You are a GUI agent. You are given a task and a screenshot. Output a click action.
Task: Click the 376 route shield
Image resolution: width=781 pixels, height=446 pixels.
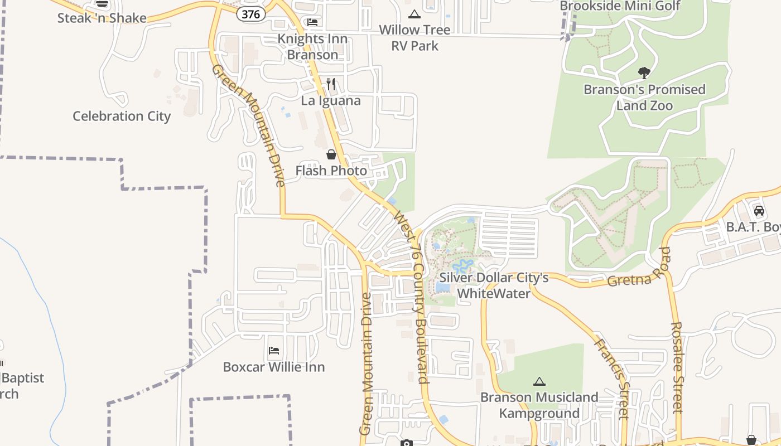click(250, 14)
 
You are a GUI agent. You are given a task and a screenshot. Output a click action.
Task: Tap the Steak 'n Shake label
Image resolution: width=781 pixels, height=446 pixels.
click(102, 18)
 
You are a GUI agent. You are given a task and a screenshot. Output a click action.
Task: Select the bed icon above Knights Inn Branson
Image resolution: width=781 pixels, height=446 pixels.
click(312, 22)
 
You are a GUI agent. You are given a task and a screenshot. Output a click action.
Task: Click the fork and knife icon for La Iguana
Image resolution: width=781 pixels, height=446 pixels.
click(331, 84)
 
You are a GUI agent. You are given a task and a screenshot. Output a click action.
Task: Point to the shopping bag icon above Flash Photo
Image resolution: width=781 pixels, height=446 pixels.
click(331, 154)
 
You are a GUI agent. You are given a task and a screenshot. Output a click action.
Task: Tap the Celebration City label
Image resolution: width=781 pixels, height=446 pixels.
click(122, 116)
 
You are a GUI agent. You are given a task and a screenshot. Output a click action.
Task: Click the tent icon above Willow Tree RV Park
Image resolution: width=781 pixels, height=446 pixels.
click(414, 14)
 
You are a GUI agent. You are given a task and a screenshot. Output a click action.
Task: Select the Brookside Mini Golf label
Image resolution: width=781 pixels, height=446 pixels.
click(620, 6)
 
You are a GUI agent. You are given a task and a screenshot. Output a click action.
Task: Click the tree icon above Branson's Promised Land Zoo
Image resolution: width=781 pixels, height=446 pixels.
click(644, 72)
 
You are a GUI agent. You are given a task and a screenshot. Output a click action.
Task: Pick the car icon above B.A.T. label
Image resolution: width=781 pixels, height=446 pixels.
click(759, 211)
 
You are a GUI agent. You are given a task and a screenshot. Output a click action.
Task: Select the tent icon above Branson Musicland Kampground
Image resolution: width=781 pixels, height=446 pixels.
click(539, 381)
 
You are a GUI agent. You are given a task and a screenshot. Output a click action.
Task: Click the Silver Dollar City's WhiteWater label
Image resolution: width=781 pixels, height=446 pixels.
click(494, 285)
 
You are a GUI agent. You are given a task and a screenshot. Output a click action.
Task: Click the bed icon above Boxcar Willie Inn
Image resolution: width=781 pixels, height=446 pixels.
click(273, 351)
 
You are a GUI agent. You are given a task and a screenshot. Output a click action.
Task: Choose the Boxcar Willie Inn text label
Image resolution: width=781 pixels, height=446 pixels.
click(273, 367)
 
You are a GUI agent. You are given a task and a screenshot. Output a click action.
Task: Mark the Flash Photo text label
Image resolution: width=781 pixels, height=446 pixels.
click(331, 171)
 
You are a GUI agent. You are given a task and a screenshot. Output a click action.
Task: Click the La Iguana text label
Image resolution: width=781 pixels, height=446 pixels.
click(331, 101)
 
